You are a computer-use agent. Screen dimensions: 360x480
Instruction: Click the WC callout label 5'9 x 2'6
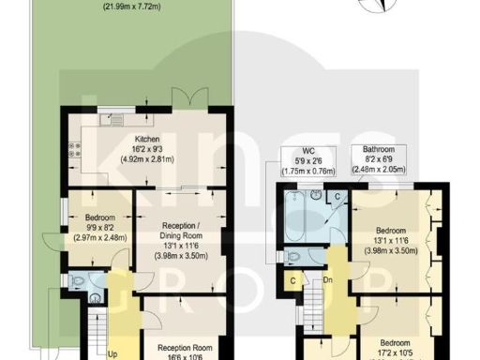tap(308, 160)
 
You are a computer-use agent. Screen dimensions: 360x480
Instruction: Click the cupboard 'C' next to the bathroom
tap(338, 197)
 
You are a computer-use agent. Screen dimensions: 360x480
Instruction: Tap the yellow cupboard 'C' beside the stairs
tap(294, 281)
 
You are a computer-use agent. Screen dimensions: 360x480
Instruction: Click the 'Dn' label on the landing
tap(327, 278)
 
